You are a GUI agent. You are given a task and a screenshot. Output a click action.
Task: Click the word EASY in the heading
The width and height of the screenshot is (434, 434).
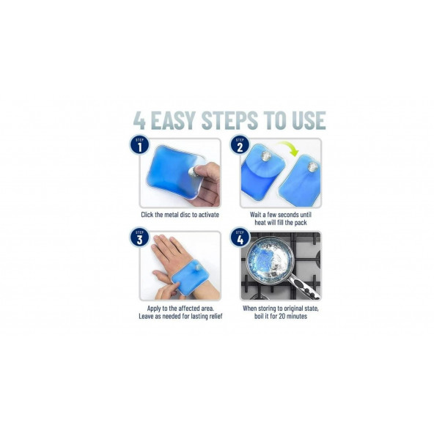tap(173, 120)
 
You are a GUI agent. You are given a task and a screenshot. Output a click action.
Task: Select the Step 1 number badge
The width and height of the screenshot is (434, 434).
tap(139, 144)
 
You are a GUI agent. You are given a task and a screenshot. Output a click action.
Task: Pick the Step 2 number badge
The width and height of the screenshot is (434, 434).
tap(240, 144)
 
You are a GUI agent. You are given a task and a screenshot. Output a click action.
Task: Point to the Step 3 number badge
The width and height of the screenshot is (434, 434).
tap(139, 238)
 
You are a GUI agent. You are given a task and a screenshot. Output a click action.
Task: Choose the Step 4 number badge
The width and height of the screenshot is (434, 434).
tap(240, 238)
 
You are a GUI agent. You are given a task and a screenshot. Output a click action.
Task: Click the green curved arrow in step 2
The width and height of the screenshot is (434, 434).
tap(290, 147)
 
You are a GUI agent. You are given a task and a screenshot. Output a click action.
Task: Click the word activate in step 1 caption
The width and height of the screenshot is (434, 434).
tap(208, 215)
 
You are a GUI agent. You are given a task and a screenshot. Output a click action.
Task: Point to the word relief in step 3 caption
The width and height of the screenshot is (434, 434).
tap(216, 316)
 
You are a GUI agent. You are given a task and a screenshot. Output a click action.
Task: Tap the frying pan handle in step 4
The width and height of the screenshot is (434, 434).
tap(305, 288)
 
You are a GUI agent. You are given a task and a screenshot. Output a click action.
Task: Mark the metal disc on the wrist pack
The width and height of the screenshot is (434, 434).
tap(198, 268)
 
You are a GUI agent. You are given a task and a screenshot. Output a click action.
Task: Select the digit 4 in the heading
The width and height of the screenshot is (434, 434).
tap(139, 120)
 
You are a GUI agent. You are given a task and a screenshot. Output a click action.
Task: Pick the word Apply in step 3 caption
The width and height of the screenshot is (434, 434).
tap(154, 309)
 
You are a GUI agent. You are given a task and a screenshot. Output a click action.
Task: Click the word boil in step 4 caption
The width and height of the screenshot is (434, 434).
tap(260, 316)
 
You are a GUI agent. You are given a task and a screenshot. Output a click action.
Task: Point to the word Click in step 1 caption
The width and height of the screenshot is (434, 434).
tap(147, 215)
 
